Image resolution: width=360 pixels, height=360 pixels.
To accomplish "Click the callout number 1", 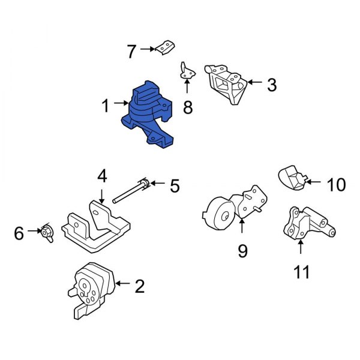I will [106, 107].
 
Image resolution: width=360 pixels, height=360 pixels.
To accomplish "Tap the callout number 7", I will [131, 52].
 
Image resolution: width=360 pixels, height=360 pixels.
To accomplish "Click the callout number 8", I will [187, 107].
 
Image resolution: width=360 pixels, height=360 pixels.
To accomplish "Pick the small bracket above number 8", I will [188, 71].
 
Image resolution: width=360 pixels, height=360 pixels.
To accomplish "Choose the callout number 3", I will [272, 85].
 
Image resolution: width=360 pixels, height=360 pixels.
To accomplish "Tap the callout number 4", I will [102, 176].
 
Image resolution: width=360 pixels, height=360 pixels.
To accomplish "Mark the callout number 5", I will [175, 187].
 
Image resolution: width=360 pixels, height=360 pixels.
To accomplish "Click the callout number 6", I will [19, 233].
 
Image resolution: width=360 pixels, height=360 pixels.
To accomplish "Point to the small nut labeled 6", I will [46, 232].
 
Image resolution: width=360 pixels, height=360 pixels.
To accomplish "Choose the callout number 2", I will [140, 286].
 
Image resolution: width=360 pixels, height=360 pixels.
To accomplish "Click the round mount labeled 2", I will [90, 288].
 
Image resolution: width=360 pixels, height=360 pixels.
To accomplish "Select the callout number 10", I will [337, 184].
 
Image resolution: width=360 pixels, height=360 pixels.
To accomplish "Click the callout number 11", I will [302, 273].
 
